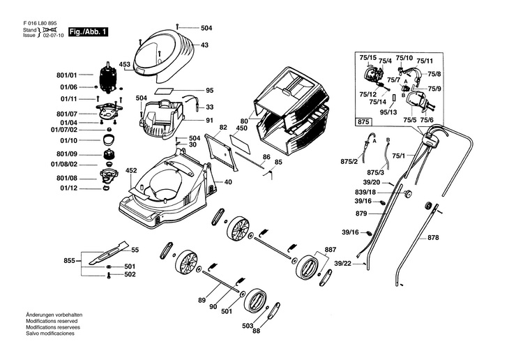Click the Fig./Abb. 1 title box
pos(88,32)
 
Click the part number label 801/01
pos(66,75)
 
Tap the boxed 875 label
pos(363,122)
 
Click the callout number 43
pos(204,45)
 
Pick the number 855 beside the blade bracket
pos(69,260)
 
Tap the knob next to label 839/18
pos(407,193)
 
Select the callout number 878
pos(433,238)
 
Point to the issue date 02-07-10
pos(54,36)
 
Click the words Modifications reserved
pos(52,321)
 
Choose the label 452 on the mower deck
pos(131,170)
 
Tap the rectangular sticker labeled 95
pos(165,90)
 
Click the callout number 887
pos(330,250)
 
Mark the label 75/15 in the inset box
pos(367,58)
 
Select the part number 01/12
pos(68,188)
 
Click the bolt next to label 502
pos(109,275)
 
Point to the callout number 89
pos(202,300)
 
